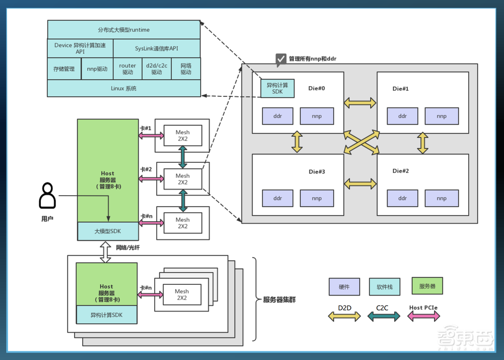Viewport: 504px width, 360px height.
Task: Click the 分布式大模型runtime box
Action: pyautogui.click(x=123, y=30)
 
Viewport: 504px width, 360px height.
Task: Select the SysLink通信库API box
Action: pyautogui.click(x=156, y=48)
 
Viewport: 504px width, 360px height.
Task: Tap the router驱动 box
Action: pyautogui.click(x=128, y=69)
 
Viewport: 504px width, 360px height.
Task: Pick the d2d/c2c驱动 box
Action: pyautogui.click(x=157, y=69)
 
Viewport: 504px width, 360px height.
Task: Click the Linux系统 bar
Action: pyautogui.click(x=123, y=88)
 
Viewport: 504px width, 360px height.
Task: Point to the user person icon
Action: pyautogui.click(x=47, y=196)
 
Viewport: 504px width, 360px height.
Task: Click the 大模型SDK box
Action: pyautogui.click(x=108, y=231)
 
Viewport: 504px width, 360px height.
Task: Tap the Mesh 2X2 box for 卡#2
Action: pyautogui.click(x=182, y=179)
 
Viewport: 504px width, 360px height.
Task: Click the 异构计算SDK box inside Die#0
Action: pyautogui.click(x=278, y=89)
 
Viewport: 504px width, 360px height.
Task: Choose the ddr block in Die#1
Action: pyautogui.click(x=402, y=116)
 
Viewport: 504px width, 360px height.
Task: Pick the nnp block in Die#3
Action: pyautogui.click(x=317, y=198)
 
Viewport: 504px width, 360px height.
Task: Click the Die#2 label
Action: pyautogui.click(x=401, y=171)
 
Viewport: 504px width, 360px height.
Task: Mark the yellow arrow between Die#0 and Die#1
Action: pyautogui.click(x=360, y=103)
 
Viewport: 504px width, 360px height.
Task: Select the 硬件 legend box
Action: pyautogui.click(x=344, y=287)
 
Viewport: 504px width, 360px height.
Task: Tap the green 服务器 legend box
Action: pyautogui.click(x=427, y=286)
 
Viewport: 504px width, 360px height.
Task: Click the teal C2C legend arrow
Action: pyautogui.click(x=384, y=316)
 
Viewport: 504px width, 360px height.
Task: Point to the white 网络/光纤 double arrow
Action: pyautogui.click(x=105, y=251)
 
